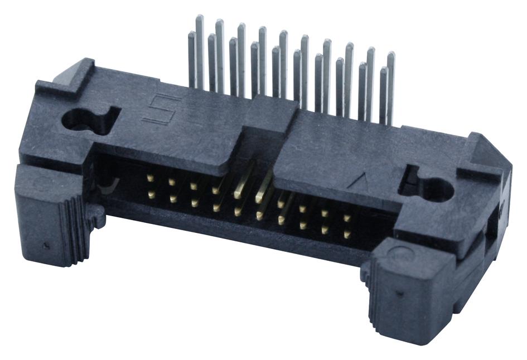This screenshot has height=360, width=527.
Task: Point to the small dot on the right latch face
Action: pyautogui.click(x=395, y=291)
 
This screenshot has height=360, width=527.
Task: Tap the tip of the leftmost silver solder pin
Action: pyautogui.click(x=192, y=35)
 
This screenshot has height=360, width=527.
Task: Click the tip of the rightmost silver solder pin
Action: pyautogui.click(x=391, y=55)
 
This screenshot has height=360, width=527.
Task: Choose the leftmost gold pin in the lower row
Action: pyautogui.click(x=151, y=194)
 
